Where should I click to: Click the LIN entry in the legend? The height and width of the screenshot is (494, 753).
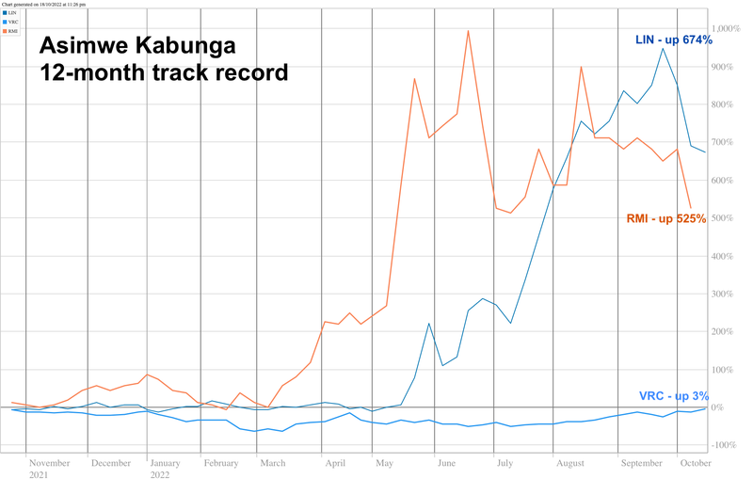point(13,13)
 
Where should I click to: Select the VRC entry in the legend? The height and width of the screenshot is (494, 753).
point(13,22)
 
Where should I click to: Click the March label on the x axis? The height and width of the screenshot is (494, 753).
point(273,463)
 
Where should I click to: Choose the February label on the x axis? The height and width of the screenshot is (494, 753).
point(221,463)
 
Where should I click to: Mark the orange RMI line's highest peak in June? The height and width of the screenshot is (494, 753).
point(468,31)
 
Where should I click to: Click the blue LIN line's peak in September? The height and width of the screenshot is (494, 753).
point(663,49)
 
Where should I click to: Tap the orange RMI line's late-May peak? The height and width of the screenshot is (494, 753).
point(415,79)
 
